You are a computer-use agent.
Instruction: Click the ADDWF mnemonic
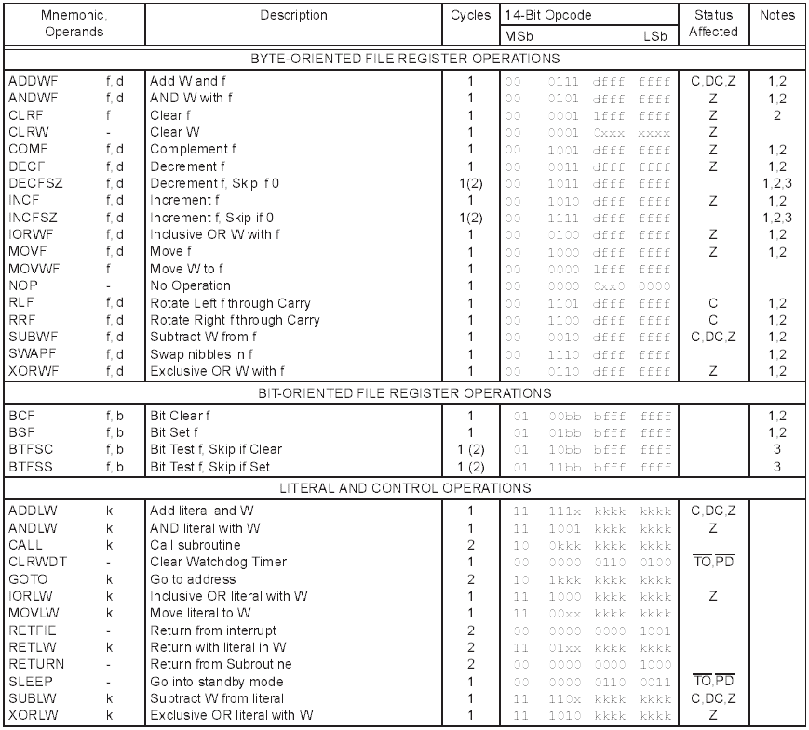pos(30,82)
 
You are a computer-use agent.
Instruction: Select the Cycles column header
pos(470,16)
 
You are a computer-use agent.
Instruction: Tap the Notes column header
pos(777,16)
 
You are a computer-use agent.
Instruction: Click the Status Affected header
pos(713,23)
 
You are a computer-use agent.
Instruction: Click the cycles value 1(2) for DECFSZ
pos(470,183)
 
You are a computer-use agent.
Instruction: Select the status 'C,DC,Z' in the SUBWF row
pos(713,337)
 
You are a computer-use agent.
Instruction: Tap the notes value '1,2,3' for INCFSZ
pos(777,218)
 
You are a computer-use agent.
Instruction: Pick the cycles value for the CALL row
pos(470,545)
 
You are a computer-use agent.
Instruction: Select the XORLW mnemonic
pos(30,715)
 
